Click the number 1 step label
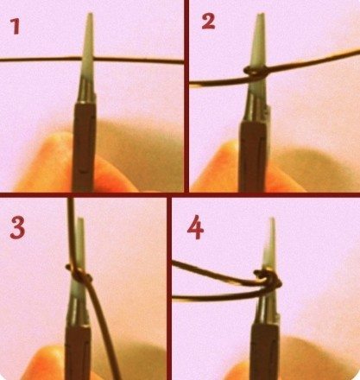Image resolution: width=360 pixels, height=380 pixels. [16, 27]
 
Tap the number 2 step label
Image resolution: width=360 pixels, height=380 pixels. [208, 22]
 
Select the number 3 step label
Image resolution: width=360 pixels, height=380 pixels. [17, 228]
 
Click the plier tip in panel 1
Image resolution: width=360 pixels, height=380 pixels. [90, 13]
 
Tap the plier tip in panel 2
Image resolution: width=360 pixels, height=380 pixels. [261, 14]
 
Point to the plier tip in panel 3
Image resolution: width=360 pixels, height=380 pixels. [80, 218]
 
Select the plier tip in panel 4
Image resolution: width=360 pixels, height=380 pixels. [272, 218]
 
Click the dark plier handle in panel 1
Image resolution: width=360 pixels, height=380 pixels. [84, 147]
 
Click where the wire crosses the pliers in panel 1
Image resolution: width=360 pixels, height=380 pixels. [87, 59]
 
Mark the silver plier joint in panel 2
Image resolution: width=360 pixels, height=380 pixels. [257, 105]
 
